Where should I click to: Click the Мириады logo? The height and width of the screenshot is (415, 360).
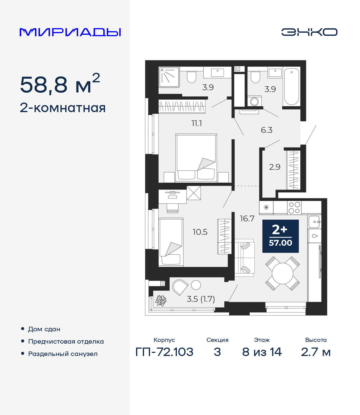point(70,32)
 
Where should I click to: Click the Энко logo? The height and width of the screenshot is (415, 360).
point(309,32)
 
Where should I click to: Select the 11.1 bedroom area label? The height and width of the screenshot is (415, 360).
point(197,123)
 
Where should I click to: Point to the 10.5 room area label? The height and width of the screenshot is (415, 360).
point(200,232)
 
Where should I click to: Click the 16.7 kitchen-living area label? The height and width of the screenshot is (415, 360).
point(247,219)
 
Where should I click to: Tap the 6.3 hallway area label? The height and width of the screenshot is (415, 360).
point(267,130)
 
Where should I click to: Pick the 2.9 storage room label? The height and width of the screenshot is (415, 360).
point(274,167)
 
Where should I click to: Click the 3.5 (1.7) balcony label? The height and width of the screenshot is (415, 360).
point(201,299)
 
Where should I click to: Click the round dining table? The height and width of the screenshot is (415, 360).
point(283,273)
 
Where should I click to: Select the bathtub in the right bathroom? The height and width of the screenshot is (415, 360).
point(292,87)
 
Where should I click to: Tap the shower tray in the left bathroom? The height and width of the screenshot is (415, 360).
point(169,77)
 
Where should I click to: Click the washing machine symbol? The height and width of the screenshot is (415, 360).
point(255,101)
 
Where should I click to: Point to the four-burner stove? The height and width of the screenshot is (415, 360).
point(294,208)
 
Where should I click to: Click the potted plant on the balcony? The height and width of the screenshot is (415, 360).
point(161,300)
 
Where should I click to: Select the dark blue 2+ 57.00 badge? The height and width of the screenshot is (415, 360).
point(280,236)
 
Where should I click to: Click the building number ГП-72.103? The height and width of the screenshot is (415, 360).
point(164,352)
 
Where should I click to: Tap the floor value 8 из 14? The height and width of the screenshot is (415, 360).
point(262,352)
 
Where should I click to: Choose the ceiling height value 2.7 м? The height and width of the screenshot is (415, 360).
point(316,352)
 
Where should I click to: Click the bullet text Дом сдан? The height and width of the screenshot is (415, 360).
point(44,329)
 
